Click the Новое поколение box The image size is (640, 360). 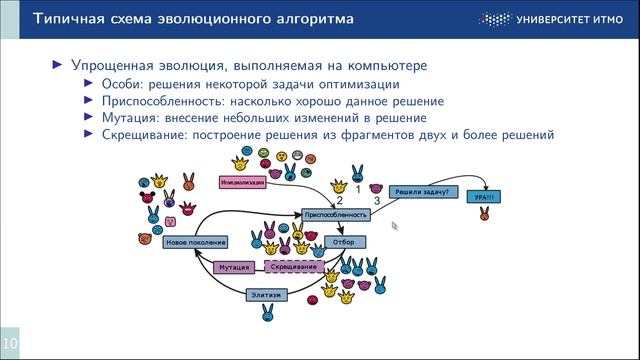point(194,242)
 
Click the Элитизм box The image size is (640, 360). point(268,294)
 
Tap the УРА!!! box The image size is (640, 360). point(484,197)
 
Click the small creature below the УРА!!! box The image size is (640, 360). point(484,214)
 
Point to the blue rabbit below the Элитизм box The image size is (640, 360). point(268,314)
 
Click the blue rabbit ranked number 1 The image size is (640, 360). point(357,173)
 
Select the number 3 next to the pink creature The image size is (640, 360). point(376,202)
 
